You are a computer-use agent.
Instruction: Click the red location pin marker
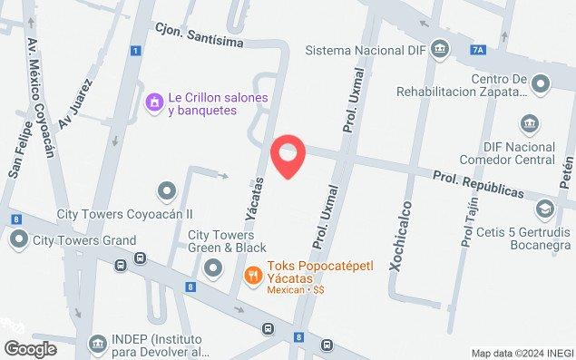(x=288, y=157)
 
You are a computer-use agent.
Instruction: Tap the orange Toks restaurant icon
(x=256, y=272)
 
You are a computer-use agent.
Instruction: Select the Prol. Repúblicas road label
(x=477, y=187)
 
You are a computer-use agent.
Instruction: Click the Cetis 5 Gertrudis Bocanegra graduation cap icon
(x=543, y=210)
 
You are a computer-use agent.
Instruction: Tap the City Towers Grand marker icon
(x=19, y=240)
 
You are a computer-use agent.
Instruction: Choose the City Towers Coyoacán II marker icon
(x=166, y=190)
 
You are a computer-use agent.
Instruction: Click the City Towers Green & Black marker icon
(x=213, y=267)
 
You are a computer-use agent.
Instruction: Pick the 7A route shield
(x=476, y=52)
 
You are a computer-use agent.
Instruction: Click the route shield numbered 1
(x=134, y=51)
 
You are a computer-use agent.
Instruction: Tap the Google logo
(x=30, y=348)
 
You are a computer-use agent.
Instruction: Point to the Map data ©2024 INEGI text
(x=522, y=353)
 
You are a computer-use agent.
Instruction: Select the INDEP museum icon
(x=97, y=345)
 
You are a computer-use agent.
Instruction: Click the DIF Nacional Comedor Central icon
(x=529, y=122)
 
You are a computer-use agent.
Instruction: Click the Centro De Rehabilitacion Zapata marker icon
(x=541, y=86)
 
